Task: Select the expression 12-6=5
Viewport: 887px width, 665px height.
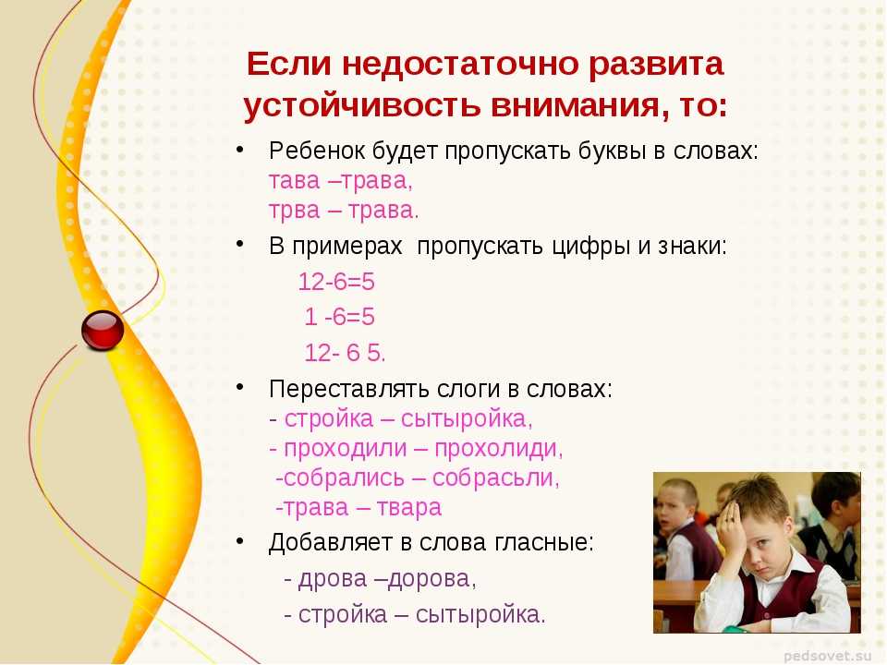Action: point(336,282)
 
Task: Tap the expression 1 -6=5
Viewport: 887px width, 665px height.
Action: point(339,317)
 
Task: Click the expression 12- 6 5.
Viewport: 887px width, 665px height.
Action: point(345,353)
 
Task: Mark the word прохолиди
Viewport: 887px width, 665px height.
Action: point(498,449)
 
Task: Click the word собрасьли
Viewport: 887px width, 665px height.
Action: point(496,478)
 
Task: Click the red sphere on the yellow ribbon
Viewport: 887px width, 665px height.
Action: point(103,331)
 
